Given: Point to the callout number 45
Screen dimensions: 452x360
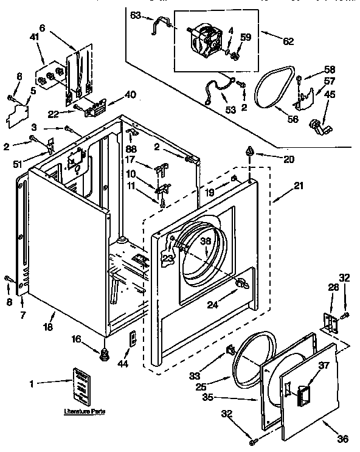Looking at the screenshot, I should [329, 94].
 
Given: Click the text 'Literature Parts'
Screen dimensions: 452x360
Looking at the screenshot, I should [85, 412].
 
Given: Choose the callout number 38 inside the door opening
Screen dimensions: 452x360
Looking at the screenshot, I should [206, 241].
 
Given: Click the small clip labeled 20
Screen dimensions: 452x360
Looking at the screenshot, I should [249, 151].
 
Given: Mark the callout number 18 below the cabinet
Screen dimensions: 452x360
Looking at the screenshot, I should [47, 327].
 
